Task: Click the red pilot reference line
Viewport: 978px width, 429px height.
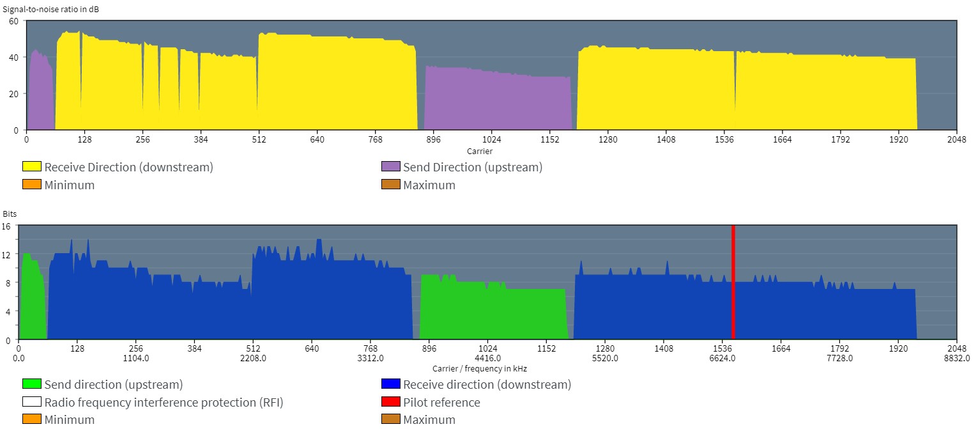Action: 733,281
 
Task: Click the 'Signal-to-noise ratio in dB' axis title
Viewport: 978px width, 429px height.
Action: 51,10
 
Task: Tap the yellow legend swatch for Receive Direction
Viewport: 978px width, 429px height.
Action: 32,167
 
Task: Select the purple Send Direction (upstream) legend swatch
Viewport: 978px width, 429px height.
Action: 391,167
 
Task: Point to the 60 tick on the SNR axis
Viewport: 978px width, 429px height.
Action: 13,21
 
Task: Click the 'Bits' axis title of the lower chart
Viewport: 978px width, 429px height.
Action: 10,214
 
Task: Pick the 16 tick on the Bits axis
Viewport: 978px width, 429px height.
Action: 6,226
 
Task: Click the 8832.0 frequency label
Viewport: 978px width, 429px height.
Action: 957,358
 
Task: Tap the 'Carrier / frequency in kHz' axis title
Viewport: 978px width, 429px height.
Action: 480,368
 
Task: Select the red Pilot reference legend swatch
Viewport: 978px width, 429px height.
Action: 391,402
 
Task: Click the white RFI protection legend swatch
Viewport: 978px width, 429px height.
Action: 32,402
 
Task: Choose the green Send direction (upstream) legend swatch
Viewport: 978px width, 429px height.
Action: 32,384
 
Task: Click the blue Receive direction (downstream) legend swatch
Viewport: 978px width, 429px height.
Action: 391,384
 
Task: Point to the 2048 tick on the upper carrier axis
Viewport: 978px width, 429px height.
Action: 957,139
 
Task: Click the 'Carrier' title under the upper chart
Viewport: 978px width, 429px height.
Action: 480,151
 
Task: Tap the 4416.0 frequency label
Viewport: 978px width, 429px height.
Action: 488,358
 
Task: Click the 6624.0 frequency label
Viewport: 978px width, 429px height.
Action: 722,358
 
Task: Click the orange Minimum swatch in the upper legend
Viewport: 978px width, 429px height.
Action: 32,185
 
